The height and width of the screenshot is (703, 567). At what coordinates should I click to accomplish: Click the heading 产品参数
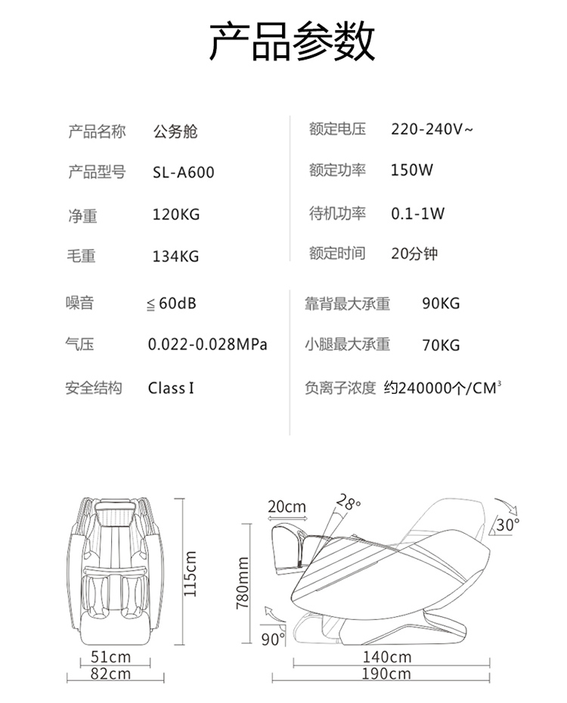[291, 42]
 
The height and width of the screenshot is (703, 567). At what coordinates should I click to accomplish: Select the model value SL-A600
[183, 173]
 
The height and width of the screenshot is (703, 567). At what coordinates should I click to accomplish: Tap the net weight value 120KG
[175, 215]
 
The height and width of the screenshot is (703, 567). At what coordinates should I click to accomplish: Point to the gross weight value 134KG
[175, 257]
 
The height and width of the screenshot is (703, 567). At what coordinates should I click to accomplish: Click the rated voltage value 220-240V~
[432, 129]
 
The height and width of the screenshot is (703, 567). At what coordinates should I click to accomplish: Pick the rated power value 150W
[412, 170]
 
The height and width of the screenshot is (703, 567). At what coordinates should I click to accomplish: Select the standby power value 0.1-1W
[417, 213]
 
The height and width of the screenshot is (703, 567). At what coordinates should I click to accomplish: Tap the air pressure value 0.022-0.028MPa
[208, 345]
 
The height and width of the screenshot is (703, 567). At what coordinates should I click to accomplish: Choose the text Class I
[171, 389]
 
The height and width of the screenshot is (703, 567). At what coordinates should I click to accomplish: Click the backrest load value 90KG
[441, 304]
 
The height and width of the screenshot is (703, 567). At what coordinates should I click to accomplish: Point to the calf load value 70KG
[441, 346]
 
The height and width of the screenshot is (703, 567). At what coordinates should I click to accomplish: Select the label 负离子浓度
[339, 389]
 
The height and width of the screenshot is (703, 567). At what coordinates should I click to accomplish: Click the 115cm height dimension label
[191, 574]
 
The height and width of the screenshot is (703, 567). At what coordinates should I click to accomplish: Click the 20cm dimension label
[287, 506]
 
